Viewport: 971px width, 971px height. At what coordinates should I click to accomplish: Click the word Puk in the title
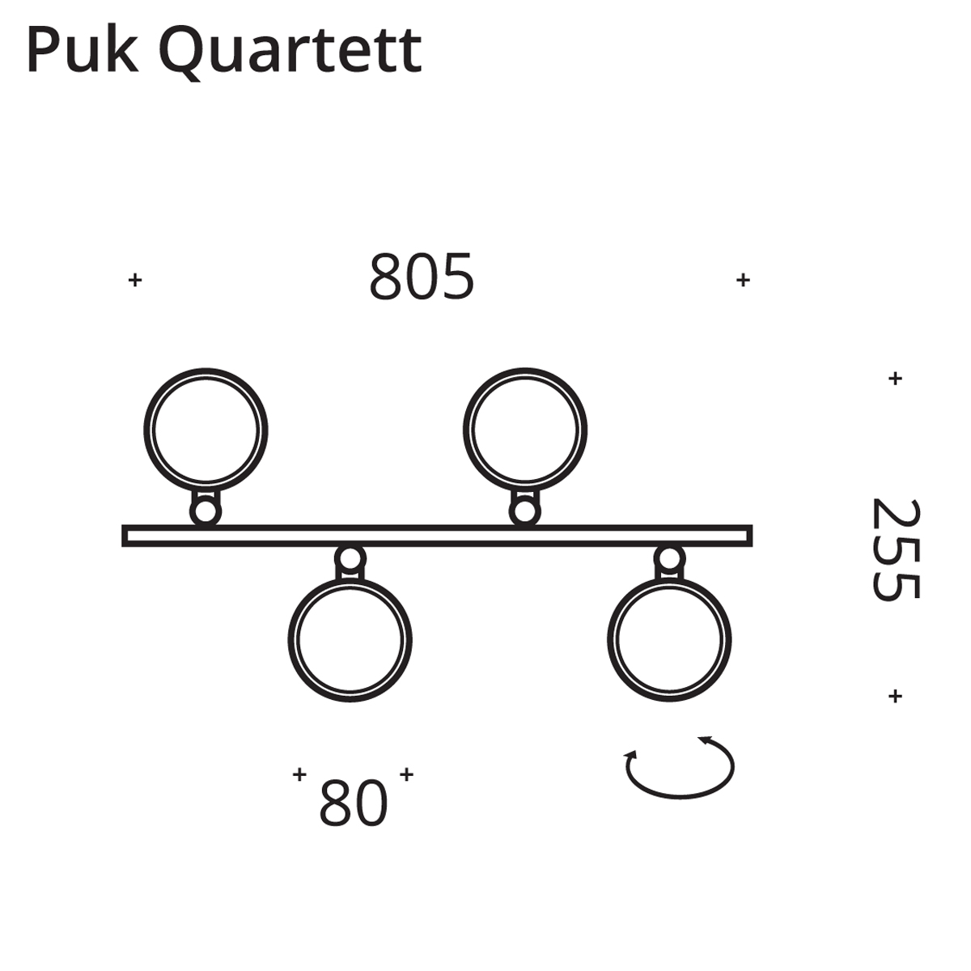[83, 51]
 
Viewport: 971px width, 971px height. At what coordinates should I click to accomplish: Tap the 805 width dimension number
[422, 277]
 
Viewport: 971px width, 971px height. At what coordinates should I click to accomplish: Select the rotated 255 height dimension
[896, 549]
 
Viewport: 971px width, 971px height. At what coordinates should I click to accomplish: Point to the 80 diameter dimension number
[354, 803]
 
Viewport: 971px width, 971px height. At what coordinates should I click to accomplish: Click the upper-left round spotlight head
[206, 430]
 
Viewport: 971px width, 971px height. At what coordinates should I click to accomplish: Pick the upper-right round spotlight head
[525, 430]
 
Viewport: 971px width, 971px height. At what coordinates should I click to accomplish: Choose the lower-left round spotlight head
[350, 640]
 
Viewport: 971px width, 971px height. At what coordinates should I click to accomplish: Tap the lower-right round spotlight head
[670, 640]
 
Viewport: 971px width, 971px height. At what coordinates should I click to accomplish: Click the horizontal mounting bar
[438, 536]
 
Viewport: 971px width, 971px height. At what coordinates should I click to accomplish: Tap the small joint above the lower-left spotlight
[350, 559]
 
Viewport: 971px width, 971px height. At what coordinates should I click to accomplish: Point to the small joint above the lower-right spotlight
[670, 559]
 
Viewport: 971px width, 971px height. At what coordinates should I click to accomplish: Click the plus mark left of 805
[135, 279]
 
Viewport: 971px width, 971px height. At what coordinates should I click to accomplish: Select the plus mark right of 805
[744, 279]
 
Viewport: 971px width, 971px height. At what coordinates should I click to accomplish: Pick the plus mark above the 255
[895, 378]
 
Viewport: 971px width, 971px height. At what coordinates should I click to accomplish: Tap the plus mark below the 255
[895, 696]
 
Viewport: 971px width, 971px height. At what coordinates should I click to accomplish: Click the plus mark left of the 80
[300, 774]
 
